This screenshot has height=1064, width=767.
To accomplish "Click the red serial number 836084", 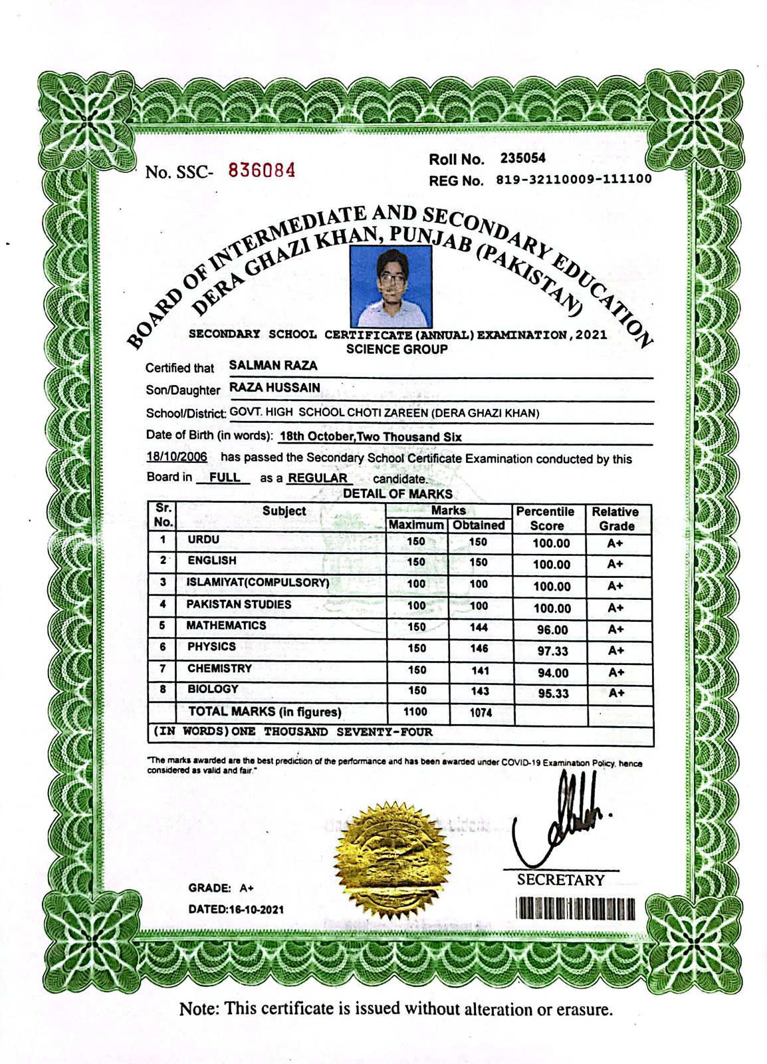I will [262, 170].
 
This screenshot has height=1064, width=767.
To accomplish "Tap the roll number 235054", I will [523, 158].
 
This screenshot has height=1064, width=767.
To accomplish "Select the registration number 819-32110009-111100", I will [574, 180].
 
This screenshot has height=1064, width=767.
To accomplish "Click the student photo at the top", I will [391, 286].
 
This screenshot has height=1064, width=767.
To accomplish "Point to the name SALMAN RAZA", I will [273, 365].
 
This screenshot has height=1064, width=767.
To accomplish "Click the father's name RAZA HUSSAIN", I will [275, 388].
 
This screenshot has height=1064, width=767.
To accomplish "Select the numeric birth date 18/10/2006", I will [177, 458].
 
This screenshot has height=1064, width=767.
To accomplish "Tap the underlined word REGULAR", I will [318, 478].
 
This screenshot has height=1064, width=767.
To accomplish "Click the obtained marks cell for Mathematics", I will [479, 627].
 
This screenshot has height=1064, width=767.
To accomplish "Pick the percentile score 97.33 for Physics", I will [552, 651].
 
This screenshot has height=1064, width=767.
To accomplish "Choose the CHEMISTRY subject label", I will [219, 668].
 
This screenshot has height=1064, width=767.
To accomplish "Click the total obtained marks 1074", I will [481, 713].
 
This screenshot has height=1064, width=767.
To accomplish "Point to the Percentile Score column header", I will [545, 518].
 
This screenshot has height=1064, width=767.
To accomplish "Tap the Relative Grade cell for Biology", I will [616, 693].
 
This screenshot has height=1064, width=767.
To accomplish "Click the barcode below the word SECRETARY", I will [575, 908].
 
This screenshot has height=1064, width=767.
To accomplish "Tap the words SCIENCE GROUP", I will [397, 349].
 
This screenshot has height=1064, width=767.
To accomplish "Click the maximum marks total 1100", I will [415, 712].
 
